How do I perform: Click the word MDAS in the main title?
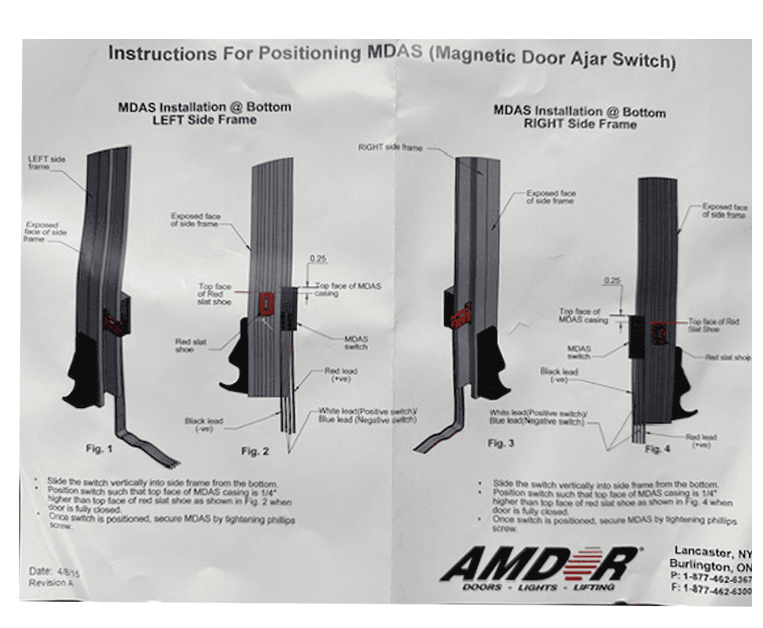click(x=395, y=52)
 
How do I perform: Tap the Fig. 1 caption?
click(x=99, y=448)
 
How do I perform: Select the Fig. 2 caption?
click(x=255, y=451)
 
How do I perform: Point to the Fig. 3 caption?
click(x=500, y=443)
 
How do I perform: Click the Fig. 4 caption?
click(x=657, y=449)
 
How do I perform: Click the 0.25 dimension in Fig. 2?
click(x=318, y=258)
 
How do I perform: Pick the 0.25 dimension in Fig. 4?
click(x=612, y=280)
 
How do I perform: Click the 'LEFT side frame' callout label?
click(x=46, y=163)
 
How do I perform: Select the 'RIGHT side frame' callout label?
click(x=390, y=147)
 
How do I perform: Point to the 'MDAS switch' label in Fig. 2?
click(x=356, y=343)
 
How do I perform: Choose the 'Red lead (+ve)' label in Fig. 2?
click(x=341, y=375)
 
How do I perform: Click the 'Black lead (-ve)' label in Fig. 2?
click(x=204, y=424)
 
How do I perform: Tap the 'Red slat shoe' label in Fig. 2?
click(x=190, y=346)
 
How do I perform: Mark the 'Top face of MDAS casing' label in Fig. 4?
click(x=583, y=315)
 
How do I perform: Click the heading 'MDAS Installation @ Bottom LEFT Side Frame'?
click(x=205, y=113)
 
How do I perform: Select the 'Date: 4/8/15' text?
click(x=54, y=572)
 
